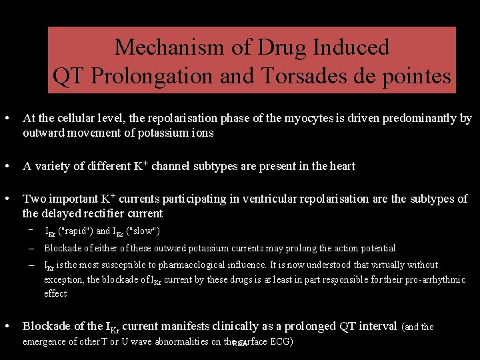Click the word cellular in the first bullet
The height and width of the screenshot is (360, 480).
pyautogui.click(x=76, y=118)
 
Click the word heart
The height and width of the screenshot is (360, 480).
pyautogui.click(x=343, y=166)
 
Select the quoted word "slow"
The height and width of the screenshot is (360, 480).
pyautogui.click(x=143, y=231)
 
